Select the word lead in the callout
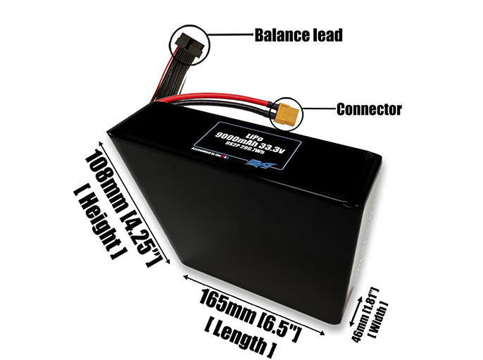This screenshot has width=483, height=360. click(325, 35)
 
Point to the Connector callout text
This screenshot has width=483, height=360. click(369, 109)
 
